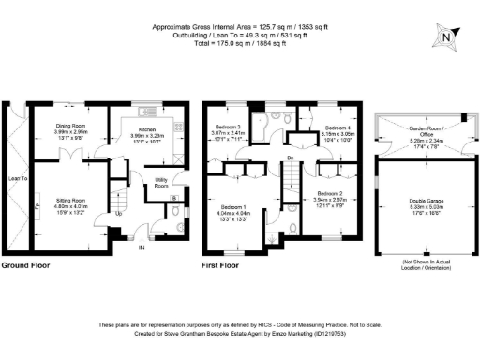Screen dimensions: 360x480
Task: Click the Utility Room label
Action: click(x=161, y=181)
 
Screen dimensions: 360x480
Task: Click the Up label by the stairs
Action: click(x=118, y=213)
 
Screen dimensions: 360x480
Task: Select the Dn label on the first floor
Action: click(x=290, y=157)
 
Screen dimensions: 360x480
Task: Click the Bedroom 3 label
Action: click(x=226, y=127)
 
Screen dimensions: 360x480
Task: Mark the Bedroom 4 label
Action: click(x=337, y=127)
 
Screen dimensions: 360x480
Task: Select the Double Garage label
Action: click(x=427, y=202)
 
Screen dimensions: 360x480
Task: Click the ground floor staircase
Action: click(x=119, y=197)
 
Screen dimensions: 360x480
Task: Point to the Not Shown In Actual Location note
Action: click(x=427, y=262)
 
